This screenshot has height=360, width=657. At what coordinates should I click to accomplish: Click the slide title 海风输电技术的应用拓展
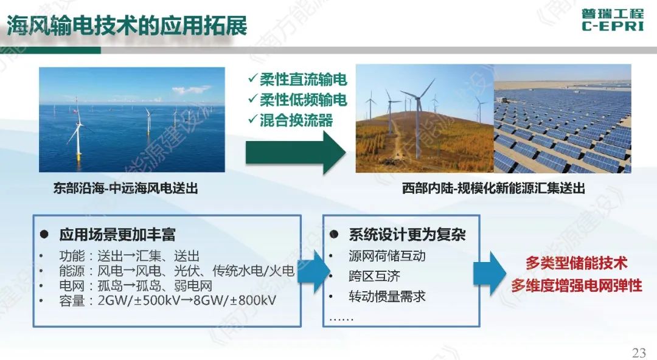pos(127,26)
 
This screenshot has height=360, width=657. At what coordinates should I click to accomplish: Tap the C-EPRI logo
pos(613,20)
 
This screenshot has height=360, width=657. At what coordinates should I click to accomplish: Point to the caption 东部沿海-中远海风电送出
pos(125,188)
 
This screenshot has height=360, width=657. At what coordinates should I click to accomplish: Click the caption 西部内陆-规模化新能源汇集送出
pos(493,188)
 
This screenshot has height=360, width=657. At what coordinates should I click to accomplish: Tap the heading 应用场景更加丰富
pos(117,235)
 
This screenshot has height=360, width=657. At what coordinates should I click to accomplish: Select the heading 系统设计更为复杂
pos(407,235)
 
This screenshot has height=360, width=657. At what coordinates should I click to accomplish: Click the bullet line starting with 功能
pos(129,255)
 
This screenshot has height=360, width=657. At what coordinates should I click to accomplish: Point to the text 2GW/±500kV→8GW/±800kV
pos(187,300)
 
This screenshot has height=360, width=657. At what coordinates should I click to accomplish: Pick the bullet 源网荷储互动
pos(387,255)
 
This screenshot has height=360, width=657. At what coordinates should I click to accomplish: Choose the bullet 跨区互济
pos(374,276)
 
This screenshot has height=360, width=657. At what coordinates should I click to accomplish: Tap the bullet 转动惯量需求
pos(387,297)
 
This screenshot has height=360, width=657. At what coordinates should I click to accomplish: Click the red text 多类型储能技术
pos(577,263)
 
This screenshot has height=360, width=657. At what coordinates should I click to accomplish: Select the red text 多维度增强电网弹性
pos(577,286)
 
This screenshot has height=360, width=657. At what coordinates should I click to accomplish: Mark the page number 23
pos(639,353)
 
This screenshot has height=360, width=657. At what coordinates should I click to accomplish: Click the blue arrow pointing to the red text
pos(489,274)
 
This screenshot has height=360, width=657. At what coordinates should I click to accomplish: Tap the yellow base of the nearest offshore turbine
pos(78,157)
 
